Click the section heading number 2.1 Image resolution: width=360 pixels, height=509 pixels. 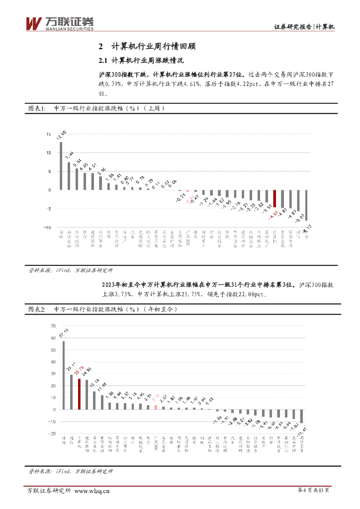[x=103, y=61]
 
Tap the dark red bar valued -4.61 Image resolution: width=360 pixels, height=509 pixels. [x=274, y=198]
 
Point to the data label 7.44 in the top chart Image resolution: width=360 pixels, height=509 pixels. [x=69, y=155]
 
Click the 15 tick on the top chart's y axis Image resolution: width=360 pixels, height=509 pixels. [x=48, y=134]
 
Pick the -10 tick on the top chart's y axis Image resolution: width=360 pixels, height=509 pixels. [x=47, y=227]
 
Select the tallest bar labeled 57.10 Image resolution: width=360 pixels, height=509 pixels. [x=63, y=375]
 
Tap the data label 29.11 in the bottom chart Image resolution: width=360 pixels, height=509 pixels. [x=72, y=368]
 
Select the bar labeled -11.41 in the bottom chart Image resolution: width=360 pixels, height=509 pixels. [x=301, y=416]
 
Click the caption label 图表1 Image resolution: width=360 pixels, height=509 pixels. [x=36, y=108]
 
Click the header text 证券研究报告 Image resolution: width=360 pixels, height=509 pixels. [x=293, y=27]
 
